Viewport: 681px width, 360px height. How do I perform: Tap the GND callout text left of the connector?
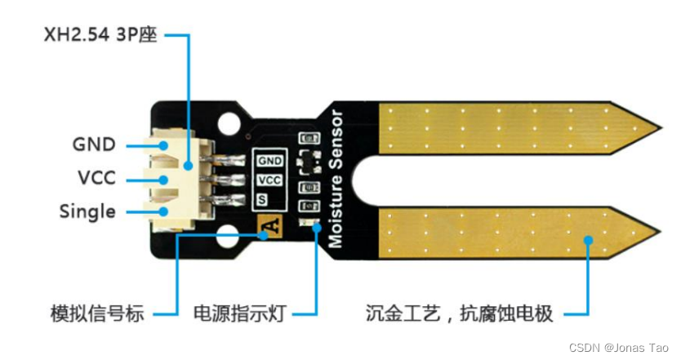click(94, 144)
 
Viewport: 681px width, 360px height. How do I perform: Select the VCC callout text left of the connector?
click(95, 178)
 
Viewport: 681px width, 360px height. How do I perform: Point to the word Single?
click(87, 211)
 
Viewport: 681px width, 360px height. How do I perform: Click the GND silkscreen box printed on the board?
click(270, 161)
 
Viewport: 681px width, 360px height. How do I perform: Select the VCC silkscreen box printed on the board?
click(269, 180)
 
